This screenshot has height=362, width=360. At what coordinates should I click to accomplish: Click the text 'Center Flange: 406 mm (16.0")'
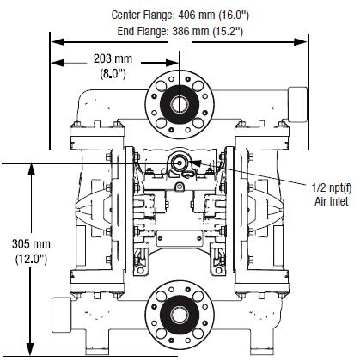(x=180, y=15)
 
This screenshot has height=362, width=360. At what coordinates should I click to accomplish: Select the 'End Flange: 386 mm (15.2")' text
(x=180, y=31)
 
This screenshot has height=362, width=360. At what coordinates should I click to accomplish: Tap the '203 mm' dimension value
(x=113, y=58)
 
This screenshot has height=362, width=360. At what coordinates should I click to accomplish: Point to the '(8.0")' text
(x=113, y=74)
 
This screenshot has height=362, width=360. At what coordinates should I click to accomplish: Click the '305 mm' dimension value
(x=31, y=244)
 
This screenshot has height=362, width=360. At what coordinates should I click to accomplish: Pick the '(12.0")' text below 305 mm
(x=31, y=259)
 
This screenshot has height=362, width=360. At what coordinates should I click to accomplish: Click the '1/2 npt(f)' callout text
(x=332, y=188)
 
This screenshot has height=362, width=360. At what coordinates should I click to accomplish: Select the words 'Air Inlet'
(x=332, y=201)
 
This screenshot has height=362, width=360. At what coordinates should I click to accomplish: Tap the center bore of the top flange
(x=180, y=104)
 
